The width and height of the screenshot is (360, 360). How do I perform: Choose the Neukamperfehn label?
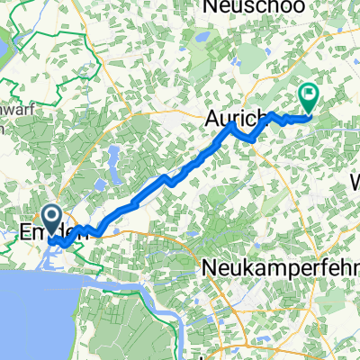pyautogui.click(x=274, y=266)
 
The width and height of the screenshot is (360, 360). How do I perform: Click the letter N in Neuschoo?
pyautogui.click(x=212, y=7)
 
